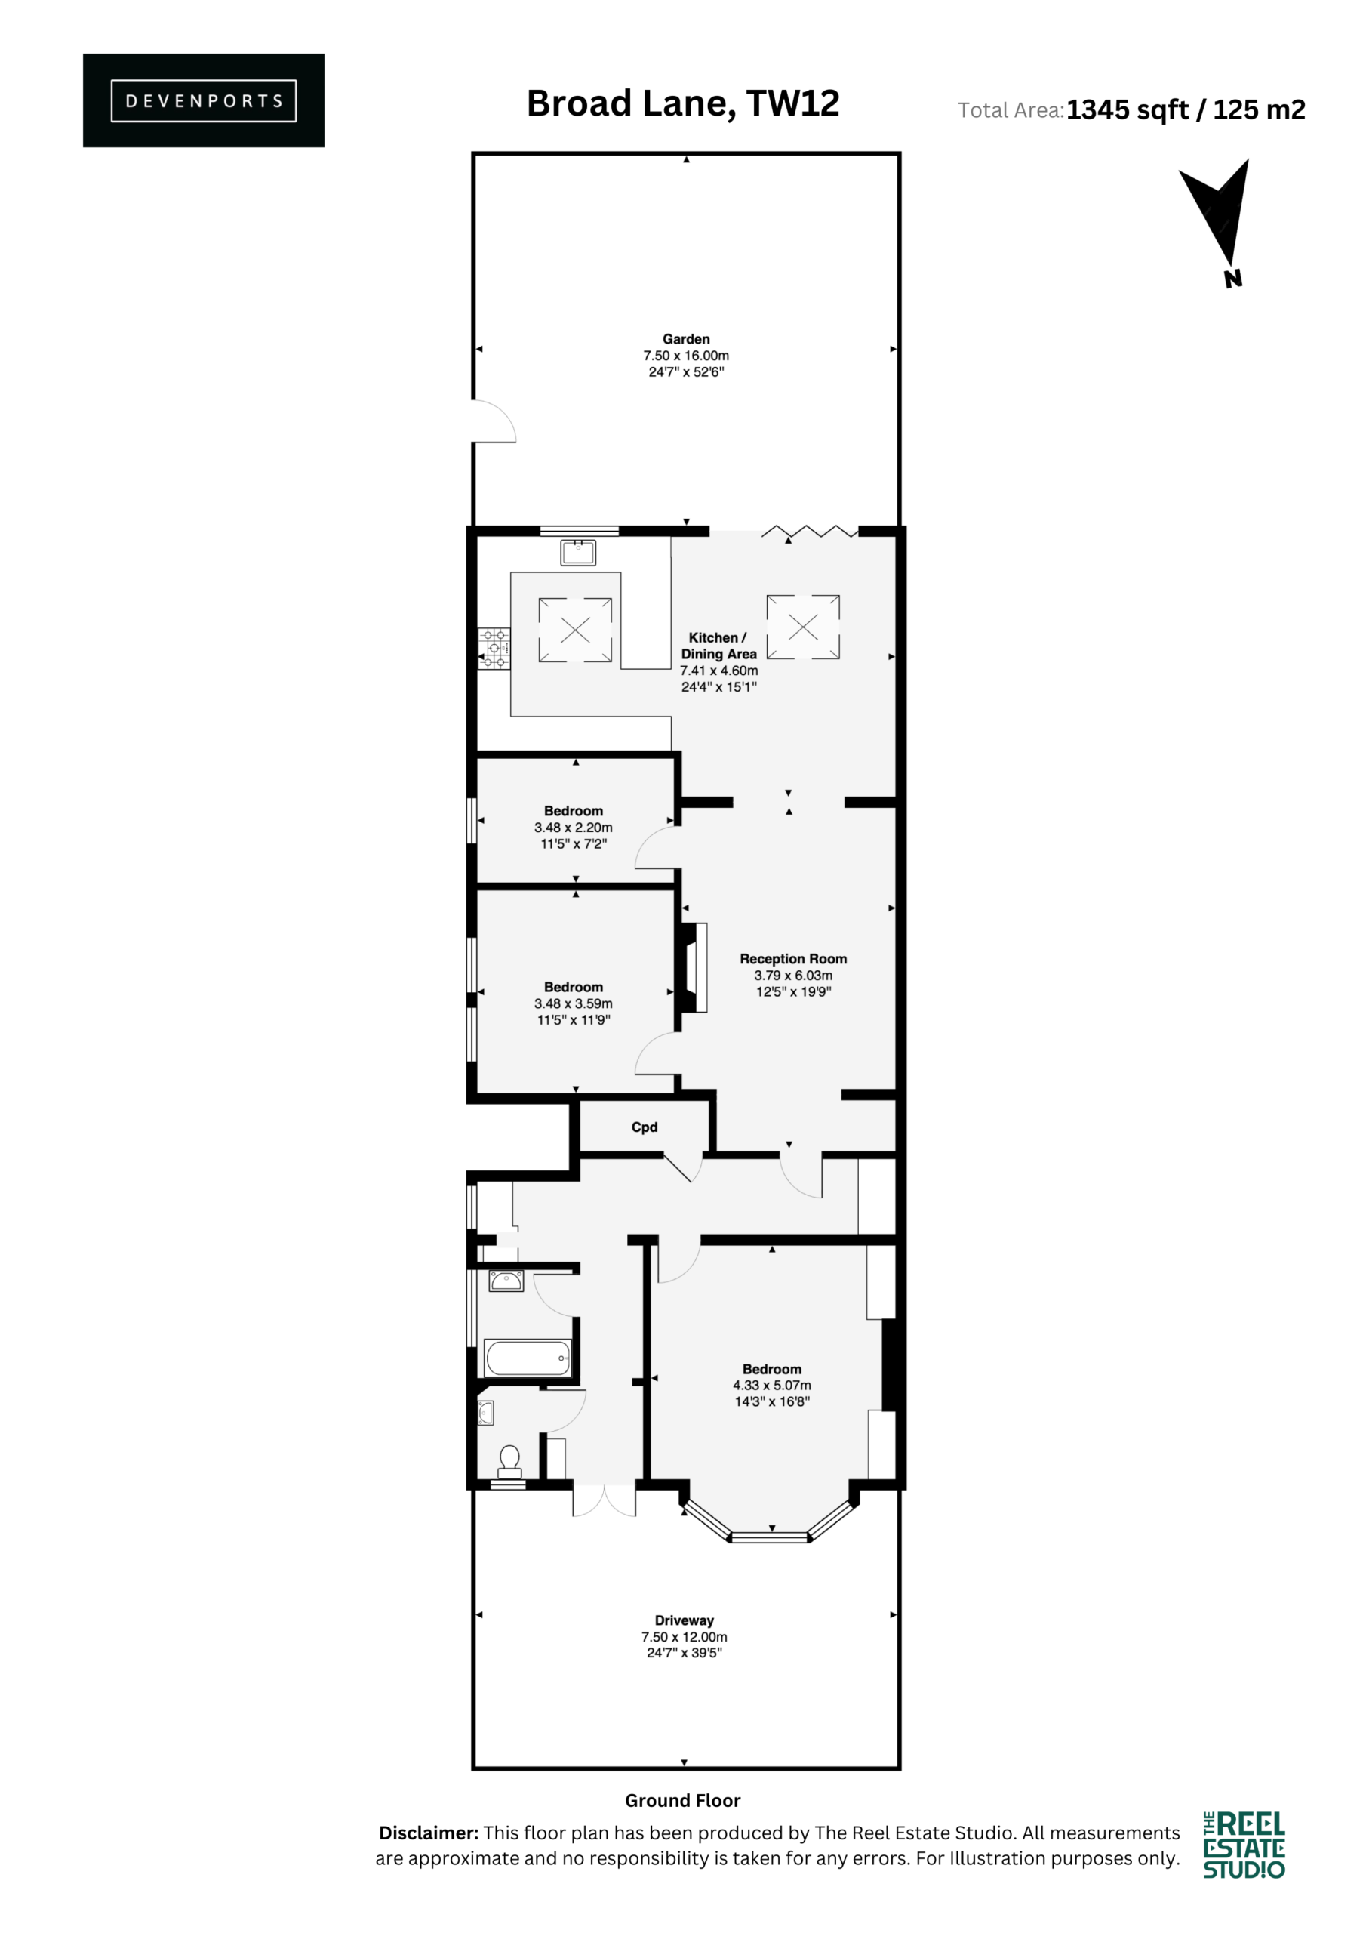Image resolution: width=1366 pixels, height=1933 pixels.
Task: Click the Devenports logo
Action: [204, 100]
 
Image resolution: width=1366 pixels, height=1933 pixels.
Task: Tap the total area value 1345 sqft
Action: [1127, 110]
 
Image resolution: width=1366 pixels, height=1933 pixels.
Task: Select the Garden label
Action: [686, 339]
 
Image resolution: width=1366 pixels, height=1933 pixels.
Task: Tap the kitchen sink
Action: [578, 552]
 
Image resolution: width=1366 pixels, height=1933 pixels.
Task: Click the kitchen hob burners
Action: [494, 649]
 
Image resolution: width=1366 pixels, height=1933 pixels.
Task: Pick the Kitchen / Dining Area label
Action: [718, 646]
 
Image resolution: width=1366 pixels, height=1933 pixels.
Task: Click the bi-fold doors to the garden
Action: [810, 532]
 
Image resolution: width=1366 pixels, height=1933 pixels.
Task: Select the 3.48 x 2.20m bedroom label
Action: [573, 828]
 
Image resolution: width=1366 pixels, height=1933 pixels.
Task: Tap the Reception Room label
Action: [794, 959]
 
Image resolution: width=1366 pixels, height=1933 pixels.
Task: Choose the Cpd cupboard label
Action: [645, 1127]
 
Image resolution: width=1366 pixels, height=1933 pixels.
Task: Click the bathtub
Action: [528, 1357]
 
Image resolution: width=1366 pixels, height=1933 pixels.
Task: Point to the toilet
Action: [510, 1463]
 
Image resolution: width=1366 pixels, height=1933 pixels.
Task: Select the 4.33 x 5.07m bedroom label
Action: [772, 1385]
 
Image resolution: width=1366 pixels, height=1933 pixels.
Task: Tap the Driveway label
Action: [685, 1620]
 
